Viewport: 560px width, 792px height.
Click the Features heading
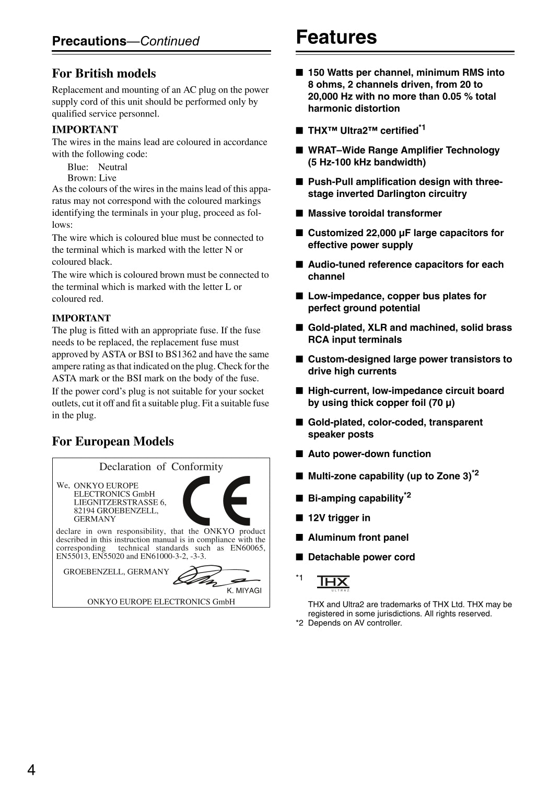coord(336,38)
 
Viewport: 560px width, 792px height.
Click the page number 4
coord(31,770)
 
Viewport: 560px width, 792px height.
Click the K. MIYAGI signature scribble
coord(214,576)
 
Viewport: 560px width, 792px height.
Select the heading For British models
coord(103,74)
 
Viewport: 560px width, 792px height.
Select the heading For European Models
coord(112,441)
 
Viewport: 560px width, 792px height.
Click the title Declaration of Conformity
coord(161,467)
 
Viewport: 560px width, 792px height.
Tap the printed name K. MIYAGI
coord(244,590)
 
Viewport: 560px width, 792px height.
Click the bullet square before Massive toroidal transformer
coord(299,213)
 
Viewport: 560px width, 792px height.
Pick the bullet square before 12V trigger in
coord(299,518)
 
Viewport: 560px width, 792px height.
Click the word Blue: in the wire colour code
coord(78,167)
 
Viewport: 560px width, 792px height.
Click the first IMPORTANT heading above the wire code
coord(85,130)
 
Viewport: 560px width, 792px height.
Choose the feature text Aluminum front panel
coord(358,538)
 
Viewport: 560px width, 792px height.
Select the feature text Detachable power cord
coord(361,557)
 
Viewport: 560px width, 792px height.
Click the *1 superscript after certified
coord(422,127)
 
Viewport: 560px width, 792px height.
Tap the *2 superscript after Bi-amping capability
coord(407,495)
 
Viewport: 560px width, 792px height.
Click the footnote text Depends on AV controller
coord(355,623)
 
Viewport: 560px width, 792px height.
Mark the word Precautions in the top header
coord(89,41)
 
